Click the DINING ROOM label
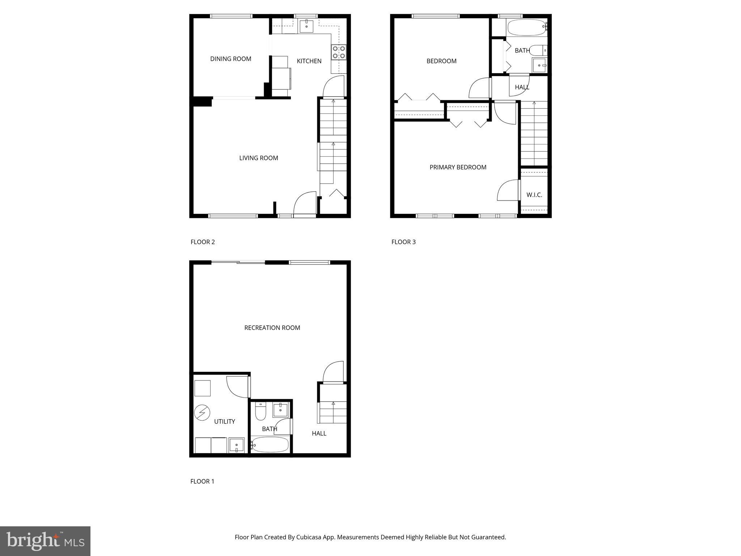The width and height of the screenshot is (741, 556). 230,59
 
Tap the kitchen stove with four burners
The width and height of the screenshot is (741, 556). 339,52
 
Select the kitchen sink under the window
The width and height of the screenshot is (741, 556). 306,26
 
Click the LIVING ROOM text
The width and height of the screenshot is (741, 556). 258,158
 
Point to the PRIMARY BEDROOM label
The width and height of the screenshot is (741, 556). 458,167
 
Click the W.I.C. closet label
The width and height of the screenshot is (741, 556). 534,195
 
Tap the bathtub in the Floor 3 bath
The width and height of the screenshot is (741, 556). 526,28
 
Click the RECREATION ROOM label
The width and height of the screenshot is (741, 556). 272,328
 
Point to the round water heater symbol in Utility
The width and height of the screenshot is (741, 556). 202,413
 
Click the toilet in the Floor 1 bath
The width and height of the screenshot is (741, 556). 261,412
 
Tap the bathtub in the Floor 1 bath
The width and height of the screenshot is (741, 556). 270,445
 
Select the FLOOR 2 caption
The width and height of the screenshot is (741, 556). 203,242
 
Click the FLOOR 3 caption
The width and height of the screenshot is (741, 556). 403,242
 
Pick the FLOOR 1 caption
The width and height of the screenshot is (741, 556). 202,481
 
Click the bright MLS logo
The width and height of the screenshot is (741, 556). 45,541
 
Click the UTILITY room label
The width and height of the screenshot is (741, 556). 224,421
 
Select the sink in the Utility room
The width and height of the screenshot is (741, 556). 237,445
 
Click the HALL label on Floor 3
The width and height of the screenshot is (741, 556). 522,87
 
